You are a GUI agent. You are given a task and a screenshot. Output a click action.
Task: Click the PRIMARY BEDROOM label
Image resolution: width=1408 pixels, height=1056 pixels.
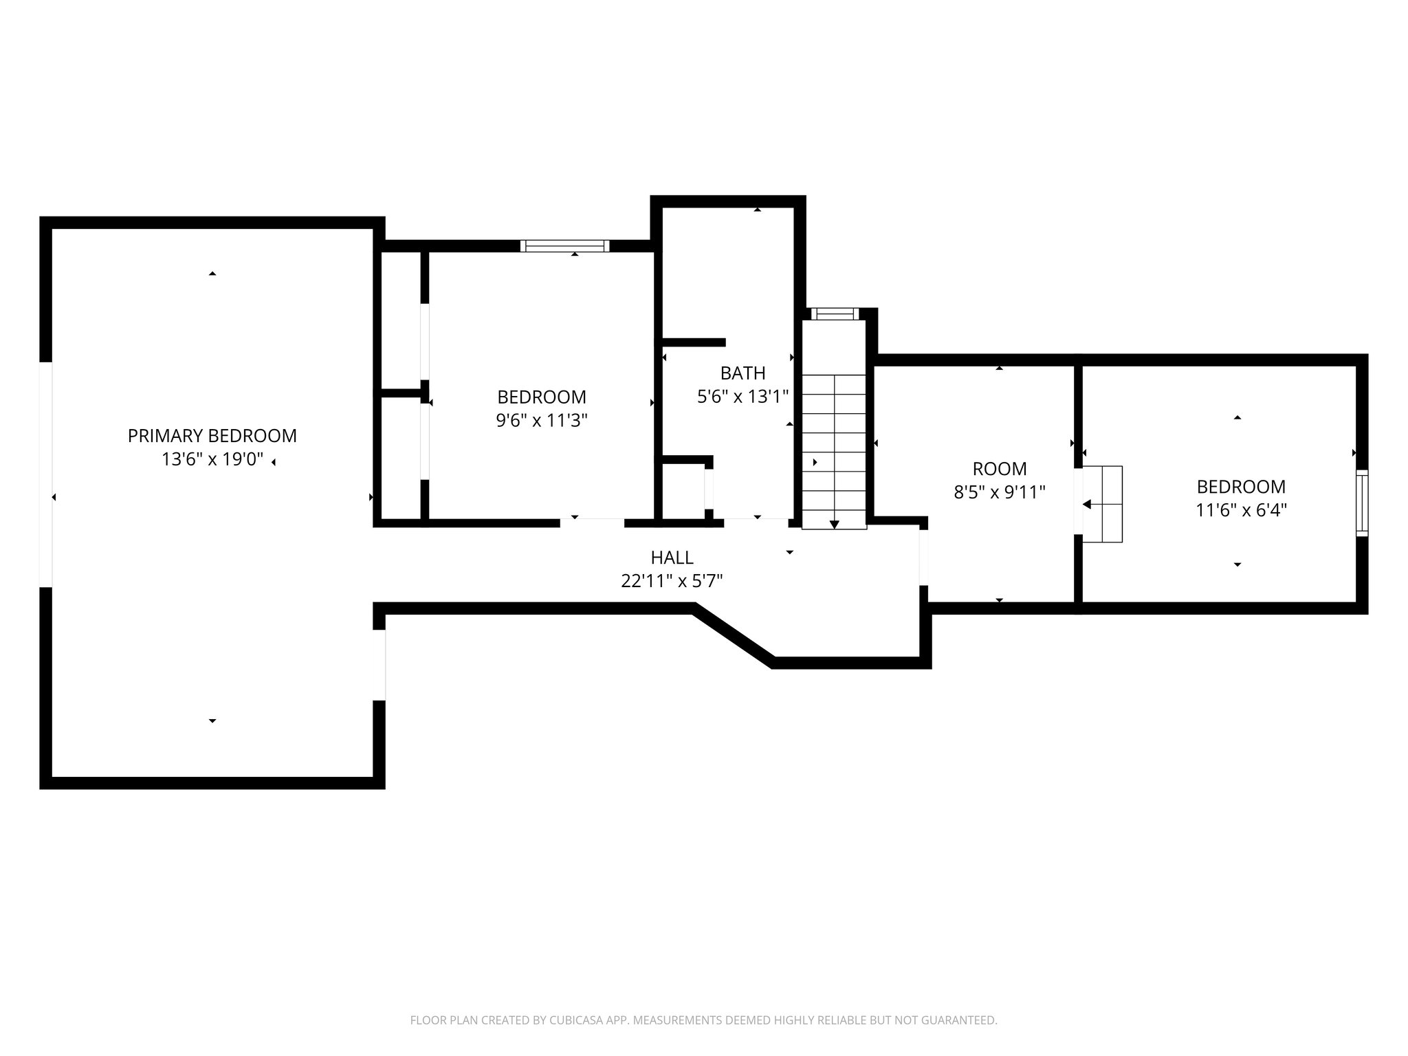[x=212, y=436]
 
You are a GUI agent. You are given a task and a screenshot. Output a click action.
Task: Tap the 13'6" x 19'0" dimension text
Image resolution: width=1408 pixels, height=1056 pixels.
[x=212, y=459]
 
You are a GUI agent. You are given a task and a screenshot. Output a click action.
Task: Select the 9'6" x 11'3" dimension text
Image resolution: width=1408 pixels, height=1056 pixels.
[x=541, y=420]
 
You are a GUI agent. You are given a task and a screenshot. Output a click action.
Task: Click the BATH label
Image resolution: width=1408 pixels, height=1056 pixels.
[x=742, y=373]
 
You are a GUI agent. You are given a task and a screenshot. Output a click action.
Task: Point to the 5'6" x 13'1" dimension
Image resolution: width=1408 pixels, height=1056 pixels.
[x=742, y=397]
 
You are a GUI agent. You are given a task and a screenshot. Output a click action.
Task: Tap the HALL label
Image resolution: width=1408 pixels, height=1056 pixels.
[x=672, y=558]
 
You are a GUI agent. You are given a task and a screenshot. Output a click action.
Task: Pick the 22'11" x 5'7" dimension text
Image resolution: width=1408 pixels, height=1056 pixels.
[x=672, y=581]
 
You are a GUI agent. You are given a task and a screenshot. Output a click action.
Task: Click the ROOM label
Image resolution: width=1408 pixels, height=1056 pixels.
[x=999, y=469]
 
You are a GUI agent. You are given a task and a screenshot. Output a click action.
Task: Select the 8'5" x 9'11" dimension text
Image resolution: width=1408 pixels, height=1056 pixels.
[x=999, y=492]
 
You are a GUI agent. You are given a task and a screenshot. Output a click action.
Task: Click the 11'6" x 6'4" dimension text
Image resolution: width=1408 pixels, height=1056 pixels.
[x=1241, y=510]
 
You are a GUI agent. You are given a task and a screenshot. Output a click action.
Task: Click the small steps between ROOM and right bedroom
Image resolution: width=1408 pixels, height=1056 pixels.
[x=1103, y=504]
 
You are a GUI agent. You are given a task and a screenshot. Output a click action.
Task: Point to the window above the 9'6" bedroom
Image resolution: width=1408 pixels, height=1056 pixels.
[x=564, y=246]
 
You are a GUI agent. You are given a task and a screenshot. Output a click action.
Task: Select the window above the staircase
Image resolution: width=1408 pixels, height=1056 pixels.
[x=835, y=314]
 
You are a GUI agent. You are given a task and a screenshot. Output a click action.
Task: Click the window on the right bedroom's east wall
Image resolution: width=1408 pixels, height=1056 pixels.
[x=1361, y=503]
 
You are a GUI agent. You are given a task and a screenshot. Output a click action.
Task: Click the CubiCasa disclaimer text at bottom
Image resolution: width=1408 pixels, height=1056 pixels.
[x=703, y=1020]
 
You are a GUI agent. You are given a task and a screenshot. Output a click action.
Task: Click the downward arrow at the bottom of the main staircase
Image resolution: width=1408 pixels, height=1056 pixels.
[x=835, y=524]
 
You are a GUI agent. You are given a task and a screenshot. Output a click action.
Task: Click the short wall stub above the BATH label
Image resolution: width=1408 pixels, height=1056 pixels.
[x=693, y=342]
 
